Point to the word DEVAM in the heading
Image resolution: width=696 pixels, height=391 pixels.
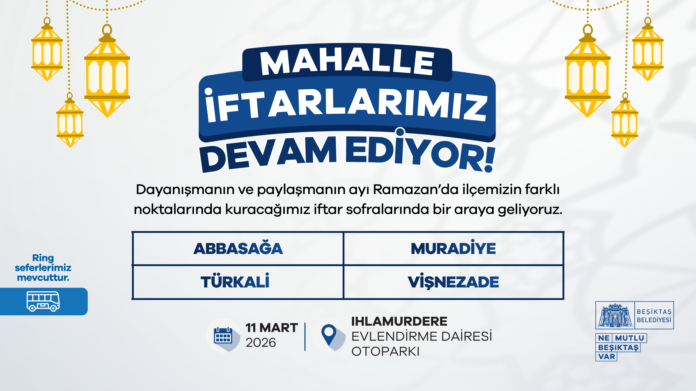[x=269, y=154]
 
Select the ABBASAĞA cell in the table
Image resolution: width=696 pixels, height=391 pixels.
[x=238, y=249]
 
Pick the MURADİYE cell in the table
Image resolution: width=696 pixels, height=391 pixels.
[x=453, y=249]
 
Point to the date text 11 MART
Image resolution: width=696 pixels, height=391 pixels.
[x=272, y=328]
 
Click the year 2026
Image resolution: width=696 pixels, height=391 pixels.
[x=261, y=343]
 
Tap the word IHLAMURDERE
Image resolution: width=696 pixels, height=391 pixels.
[x=399, y=321]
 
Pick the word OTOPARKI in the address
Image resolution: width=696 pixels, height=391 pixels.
[x=385, y=351]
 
